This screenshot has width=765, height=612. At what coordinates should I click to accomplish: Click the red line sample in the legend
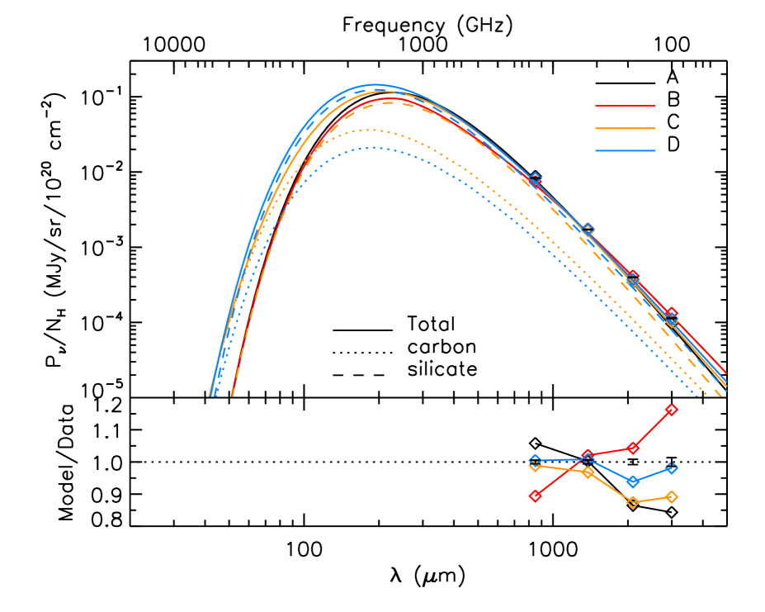626,106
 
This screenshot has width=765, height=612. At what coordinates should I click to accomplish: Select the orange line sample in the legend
626,128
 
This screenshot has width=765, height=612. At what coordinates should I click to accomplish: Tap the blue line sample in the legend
626,150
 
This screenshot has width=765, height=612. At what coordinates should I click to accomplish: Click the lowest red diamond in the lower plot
535,496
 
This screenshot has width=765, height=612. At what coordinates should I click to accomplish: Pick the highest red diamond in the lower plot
671,410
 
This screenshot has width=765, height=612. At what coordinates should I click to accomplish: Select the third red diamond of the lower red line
632,448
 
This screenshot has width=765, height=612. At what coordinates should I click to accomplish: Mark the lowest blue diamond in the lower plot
632,482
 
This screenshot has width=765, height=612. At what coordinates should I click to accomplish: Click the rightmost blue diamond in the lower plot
671,468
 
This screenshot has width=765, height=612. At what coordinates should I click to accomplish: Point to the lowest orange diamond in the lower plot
632,501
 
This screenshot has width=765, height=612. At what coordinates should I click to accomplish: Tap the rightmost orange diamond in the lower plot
671,496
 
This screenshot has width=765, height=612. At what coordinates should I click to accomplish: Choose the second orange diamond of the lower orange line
588,472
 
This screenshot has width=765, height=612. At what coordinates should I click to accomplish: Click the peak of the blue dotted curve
374,148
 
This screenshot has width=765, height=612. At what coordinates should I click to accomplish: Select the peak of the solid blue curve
375,84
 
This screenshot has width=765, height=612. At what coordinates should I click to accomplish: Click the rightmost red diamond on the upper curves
671,314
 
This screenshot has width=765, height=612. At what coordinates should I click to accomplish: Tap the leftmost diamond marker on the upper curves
535,178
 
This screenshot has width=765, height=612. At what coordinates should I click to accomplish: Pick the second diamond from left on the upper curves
588,229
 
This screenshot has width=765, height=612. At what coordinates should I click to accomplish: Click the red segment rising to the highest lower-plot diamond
652,429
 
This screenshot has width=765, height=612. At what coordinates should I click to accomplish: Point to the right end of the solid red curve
726,373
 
